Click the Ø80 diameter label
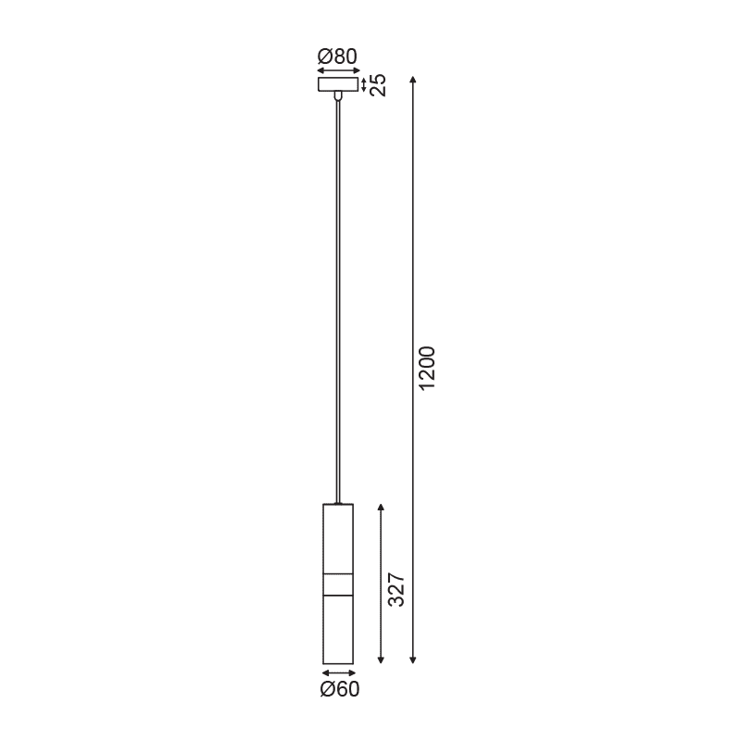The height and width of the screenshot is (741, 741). [x=337, y=57]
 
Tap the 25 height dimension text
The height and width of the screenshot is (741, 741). [x=379, y=85]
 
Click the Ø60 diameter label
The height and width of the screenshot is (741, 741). [x=340, y=688]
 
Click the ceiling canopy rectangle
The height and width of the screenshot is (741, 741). [x=337, y=85]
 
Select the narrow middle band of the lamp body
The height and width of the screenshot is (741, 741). [x=338, y=585]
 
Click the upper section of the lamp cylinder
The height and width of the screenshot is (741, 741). [x=338, y=539]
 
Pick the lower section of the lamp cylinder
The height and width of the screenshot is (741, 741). [x=338, y=630]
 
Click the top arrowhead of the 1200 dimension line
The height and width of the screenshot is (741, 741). [x=412, y=79]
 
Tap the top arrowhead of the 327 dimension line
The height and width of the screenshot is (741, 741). [x=381, y=509]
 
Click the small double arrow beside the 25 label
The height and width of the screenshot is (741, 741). [x=364, y=85]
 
